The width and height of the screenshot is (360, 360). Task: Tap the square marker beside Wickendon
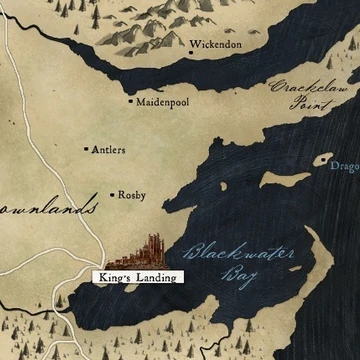coord(192,46)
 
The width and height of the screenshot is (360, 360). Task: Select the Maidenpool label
coord(162,101)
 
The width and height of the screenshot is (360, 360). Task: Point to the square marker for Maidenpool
coord(130,101)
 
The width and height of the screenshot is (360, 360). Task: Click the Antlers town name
coord(108,150)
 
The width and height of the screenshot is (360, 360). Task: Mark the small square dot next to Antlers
coord(85,149)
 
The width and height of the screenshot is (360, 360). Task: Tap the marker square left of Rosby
coord(111,195)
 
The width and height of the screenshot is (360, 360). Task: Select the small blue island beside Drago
coord(322,158)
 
